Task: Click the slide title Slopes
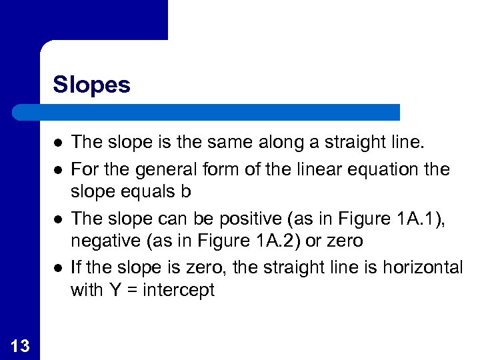[x=91, y=85]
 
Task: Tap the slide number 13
[x=20, y=345]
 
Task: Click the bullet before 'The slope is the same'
[x=59, y=143]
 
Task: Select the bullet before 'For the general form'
[x=59, y=168]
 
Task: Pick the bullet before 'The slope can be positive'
[x=59, y=218]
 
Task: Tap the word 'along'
[x=292, y=142]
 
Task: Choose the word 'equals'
[x=151, y=193]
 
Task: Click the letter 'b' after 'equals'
[x=186, y=192]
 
